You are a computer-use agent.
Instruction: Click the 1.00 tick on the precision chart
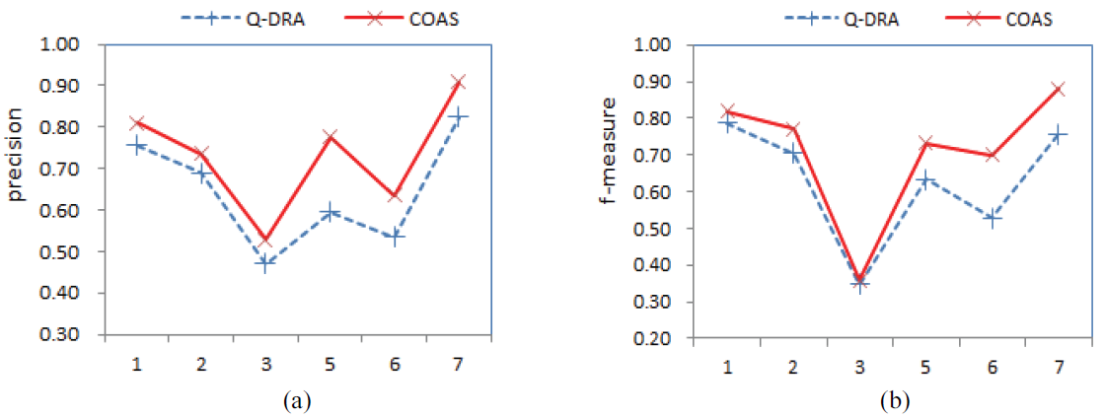[x=61, y=44]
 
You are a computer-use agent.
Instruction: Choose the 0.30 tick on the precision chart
[x=61, y=334]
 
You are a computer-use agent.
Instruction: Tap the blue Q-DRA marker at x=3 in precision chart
[x=264, y=262]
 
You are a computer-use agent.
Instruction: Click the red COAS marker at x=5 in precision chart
[x=330, y=136]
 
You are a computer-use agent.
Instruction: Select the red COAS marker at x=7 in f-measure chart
[x=1059, y=89]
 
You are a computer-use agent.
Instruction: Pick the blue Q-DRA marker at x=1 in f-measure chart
[x=728, y=124]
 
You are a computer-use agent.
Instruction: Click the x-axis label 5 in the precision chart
[x=330, y=365]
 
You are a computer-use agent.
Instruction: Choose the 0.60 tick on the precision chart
[x=61, y=210]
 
